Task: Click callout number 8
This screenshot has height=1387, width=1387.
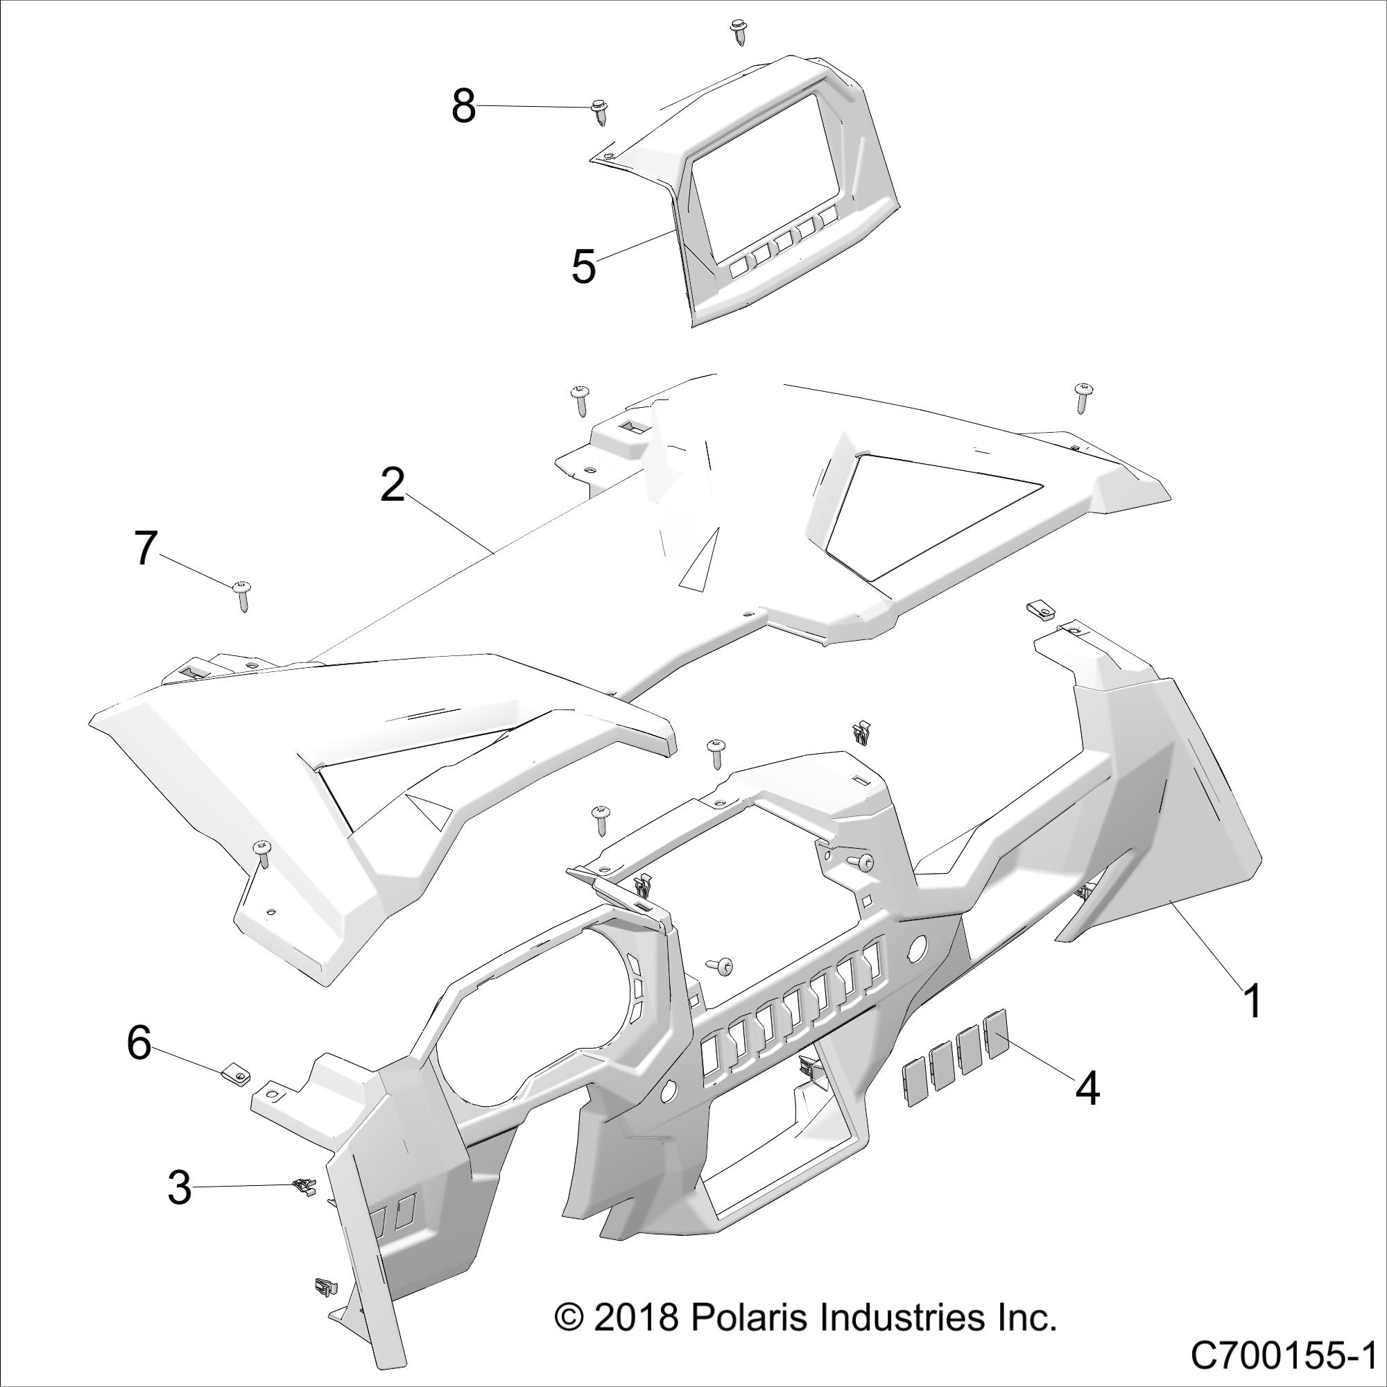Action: [464, 107]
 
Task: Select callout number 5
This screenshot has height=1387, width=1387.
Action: [583, 267]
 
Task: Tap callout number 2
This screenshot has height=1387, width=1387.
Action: [393, 486]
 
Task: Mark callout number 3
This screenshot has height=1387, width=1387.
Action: [180, 1187]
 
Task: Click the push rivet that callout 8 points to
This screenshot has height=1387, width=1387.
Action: [597, 112]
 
